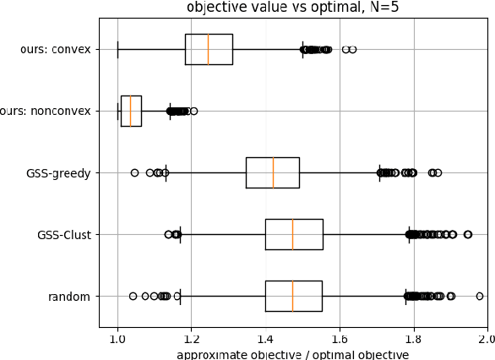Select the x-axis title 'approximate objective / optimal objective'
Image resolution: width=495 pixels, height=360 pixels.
[x=292, y=354]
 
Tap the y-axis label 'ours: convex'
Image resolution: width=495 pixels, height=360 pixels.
[x=56, y=49]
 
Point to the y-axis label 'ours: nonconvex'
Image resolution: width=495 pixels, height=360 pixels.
[x=46, y=111]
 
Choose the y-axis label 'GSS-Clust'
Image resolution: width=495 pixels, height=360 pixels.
[x=64, y=234]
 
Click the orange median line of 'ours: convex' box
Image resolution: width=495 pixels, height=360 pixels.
[x=208, y=49]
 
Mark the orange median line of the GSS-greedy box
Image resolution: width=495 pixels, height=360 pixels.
[x=273, y=172]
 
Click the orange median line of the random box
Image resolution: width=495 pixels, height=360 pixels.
[x=292, y=296]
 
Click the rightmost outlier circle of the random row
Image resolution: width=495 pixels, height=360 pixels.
[x=480, y=296]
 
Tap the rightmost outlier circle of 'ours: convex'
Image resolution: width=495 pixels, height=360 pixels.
[x=352, y=49]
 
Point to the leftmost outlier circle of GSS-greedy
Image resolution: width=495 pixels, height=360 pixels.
[x=134, y=172]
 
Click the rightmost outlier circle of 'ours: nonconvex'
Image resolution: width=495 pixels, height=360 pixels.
[x=193, y=111]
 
